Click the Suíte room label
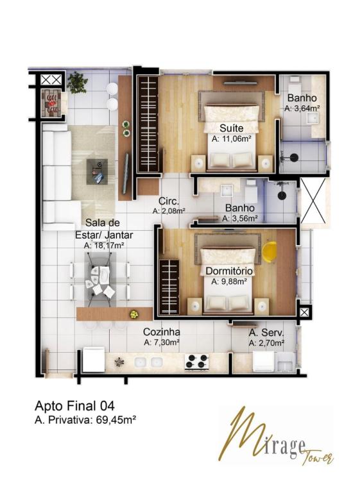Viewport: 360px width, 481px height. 232,128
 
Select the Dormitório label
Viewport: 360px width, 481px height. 229,271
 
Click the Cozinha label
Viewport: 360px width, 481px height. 162,332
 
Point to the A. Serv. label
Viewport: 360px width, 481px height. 266,333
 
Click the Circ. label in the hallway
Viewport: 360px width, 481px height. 169,201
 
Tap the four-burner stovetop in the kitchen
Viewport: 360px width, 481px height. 197,361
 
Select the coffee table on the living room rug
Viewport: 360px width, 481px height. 97,171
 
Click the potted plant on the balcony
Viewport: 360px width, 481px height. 77,82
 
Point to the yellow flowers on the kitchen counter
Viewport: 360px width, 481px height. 134,314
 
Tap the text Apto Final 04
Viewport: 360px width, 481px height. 74,406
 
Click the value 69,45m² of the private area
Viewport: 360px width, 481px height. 116,419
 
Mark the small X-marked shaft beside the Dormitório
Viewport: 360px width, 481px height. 304,312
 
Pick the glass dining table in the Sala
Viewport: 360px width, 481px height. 99,280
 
